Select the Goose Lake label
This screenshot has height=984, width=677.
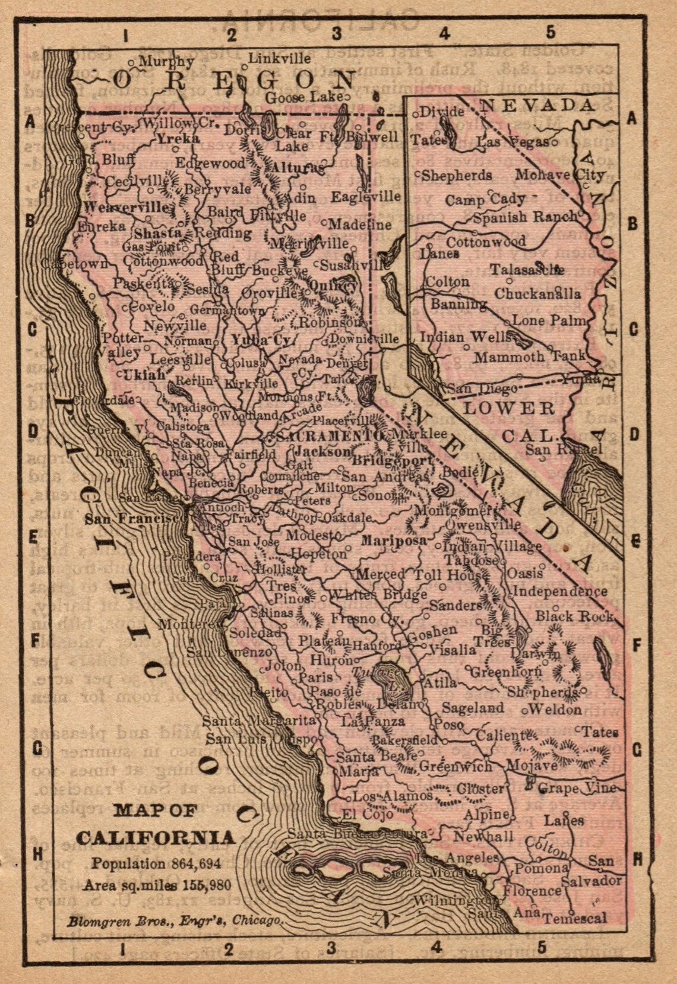coord(304,97)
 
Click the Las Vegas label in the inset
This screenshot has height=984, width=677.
coord(513,143)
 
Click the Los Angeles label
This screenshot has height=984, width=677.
coord(457,858)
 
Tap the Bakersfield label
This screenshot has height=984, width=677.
coord(405,740)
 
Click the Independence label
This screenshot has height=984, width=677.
coord(559,591)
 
